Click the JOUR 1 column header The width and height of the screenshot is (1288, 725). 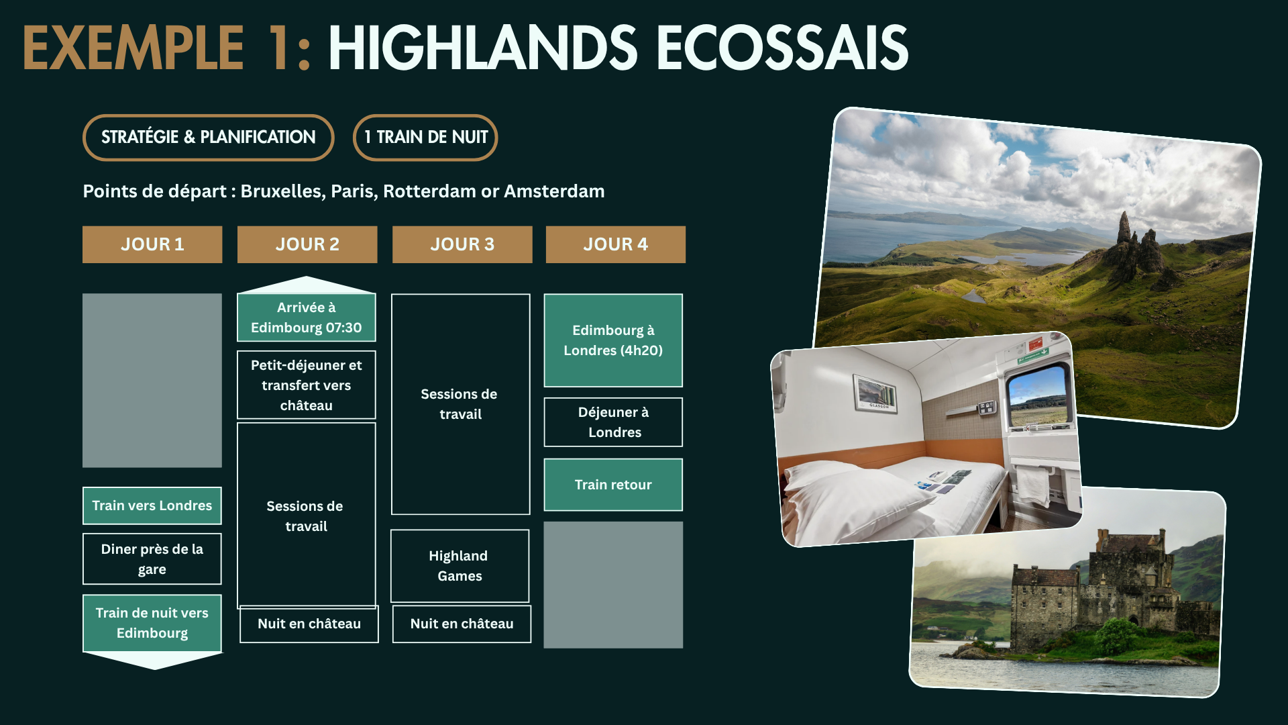coord(152,244)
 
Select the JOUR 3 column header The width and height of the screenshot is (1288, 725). coord(462,244)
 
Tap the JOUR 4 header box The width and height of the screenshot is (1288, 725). coord(615,244)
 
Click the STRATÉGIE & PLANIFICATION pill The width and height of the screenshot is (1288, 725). coord(208,138)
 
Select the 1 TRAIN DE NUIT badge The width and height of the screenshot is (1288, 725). coord(425,138)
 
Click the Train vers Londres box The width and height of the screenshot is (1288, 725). coord(152,505)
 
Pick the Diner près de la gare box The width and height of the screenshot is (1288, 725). coord(152,559)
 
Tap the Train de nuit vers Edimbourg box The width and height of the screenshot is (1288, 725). coord(152,623)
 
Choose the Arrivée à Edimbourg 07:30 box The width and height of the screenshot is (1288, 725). coord(306,318)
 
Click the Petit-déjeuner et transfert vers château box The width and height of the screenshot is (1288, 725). coord(306,385)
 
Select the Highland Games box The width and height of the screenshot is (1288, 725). coord(460,566)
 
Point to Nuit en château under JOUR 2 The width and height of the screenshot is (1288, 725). coord(309,624)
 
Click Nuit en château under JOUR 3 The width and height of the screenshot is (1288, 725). coord(462,624)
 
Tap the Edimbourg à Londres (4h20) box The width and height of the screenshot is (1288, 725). coord(613,340)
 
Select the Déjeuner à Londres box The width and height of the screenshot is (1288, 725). coord(613,422)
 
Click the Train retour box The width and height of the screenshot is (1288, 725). coord(613,485)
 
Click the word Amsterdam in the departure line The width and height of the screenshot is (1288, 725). coord(554,191)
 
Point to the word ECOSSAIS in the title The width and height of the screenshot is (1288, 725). coord(782,48)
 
